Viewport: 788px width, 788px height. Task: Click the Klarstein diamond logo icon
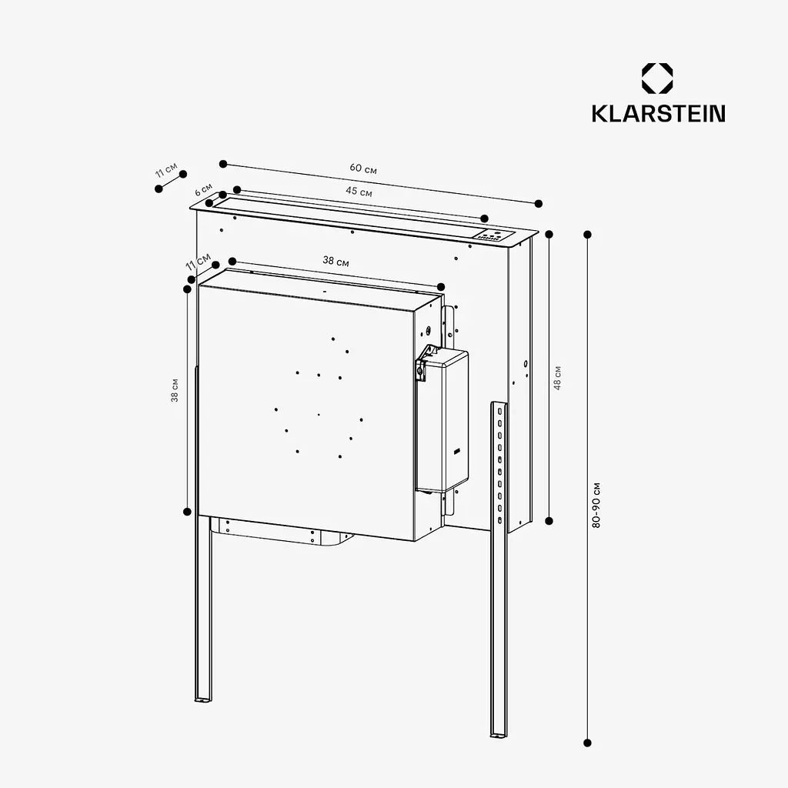[657, 78]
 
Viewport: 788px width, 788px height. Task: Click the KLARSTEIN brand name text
[659, 113]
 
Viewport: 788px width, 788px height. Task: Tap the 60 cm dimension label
[363, 168]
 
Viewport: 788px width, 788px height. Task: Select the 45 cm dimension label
[359, 191]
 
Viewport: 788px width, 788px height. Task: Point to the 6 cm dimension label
[203, 189]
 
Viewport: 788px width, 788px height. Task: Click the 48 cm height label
[557, 378]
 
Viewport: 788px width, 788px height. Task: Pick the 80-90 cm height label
[596, 505]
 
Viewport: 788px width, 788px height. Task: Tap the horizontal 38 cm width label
[336, 262]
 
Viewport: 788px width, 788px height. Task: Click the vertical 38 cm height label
[175, 390]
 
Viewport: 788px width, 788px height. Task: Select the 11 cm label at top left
[166, 170]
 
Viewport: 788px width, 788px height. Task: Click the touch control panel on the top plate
[494, 235]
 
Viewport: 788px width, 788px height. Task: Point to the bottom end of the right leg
[498, 735]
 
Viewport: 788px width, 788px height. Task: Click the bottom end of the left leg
[203, 699]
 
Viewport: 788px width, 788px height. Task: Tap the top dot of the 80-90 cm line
[587, 234]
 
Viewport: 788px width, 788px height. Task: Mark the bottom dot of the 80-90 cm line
[587, 743]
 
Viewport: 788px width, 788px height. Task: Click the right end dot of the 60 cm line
[538, 203]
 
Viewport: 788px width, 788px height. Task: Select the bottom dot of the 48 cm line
[549, 521]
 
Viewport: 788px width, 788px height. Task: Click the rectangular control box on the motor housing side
[442, 419]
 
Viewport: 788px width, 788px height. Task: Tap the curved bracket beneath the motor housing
[282, 533]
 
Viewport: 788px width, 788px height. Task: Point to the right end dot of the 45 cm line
[484, 218]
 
